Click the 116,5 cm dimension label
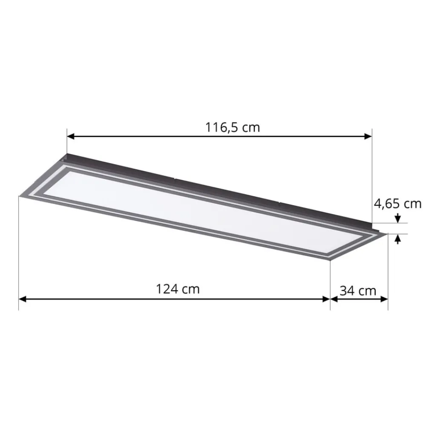[232, 127]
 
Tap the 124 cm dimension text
[178, 289]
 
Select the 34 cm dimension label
[358, 291]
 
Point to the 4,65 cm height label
[398, 204]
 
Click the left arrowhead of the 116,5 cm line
[70, 136]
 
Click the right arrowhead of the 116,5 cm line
[368, 136]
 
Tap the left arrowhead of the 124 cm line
[22, 299]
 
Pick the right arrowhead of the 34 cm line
[384, 299]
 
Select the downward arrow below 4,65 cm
[398, 218]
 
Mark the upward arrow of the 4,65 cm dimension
[398, 239]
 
